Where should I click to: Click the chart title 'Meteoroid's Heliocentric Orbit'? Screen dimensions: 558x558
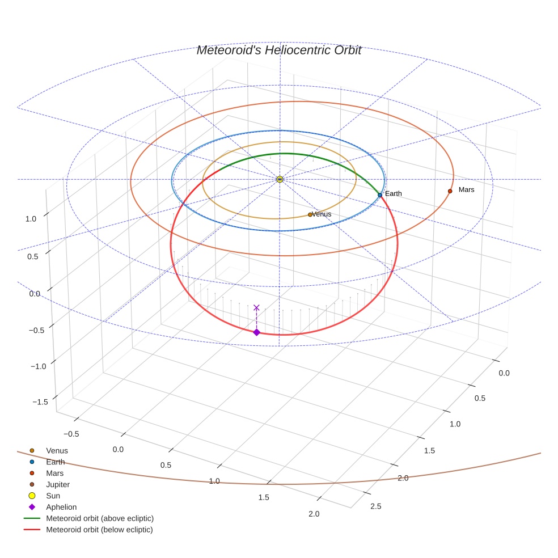278,50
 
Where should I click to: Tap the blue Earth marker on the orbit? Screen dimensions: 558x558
380,195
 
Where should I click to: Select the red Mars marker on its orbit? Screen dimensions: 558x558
450,191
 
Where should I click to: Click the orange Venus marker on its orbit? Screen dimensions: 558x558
310,214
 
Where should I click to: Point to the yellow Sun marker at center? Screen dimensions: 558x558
280,179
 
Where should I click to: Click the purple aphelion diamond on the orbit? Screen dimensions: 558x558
256,332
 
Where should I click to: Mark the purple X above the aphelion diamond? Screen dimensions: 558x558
256,307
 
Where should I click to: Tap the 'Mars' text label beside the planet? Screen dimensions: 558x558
466,189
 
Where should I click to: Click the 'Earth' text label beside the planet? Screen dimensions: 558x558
393,193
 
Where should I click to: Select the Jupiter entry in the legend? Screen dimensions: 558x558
58,484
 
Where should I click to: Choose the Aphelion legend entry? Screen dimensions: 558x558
61,507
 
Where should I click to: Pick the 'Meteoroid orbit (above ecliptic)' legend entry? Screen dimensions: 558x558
100,518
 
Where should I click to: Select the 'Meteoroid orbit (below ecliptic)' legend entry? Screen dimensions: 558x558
100,530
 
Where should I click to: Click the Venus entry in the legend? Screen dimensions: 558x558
57,450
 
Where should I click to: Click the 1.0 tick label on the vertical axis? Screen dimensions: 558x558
31,218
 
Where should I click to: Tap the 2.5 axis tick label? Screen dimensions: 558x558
376,506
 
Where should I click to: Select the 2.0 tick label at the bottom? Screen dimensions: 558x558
314,514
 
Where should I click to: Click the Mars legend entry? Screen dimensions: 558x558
54,473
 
